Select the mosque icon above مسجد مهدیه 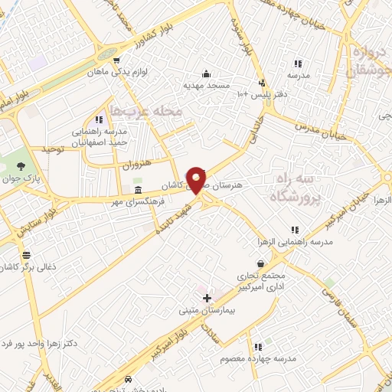point(206,74)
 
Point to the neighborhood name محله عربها point(147,112)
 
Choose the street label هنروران point(138,163)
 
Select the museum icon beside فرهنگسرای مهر point(138,190)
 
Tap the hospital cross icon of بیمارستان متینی point(207,297)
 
